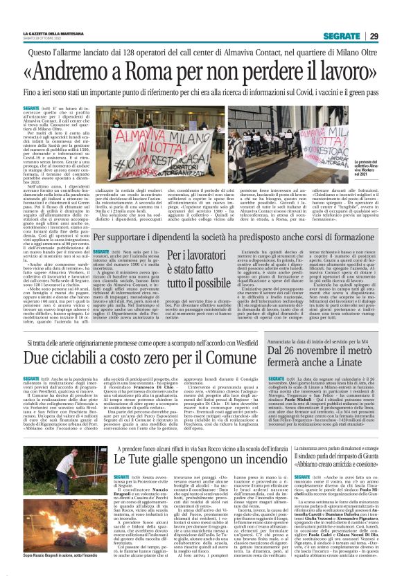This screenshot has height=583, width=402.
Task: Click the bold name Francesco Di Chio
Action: click(x=143, y=408)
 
